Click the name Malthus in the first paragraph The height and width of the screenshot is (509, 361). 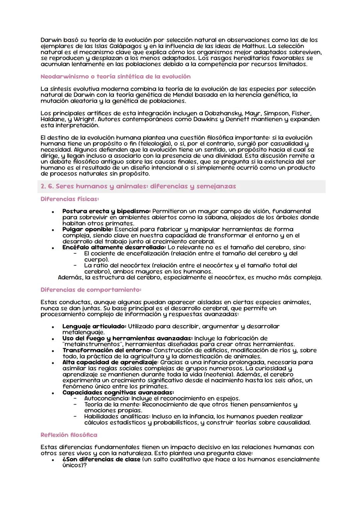tap(255, 46)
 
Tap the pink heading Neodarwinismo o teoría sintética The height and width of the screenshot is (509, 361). tap(115, 76)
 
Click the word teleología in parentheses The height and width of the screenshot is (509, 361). tap(155, 144)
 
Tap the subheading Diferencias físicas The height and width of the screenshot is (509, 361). tap(70, 199)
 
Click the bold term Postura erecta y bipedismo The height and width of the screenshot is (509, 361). tap(106, 211)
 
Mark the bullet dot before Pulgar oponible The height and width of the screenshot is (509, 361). tap(53, 230)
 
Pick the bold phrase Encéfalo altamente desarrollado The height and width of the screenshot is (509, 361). tap(114, 247)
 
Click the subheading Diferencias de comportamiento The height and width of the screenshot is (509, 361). tap(91, 290)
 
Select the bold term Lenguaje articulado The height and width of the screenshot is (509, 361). tap(94, 326)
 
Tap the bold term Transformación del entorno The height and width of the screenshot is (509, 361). tap(107, 350)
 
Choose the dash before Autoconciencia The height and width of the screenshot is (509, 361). tap(76, 398)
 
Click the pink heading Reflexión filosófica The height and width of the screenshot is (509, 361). tap(69, 435)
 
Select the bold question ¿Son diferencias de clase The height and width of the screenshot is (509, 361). tap(101, 459)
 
